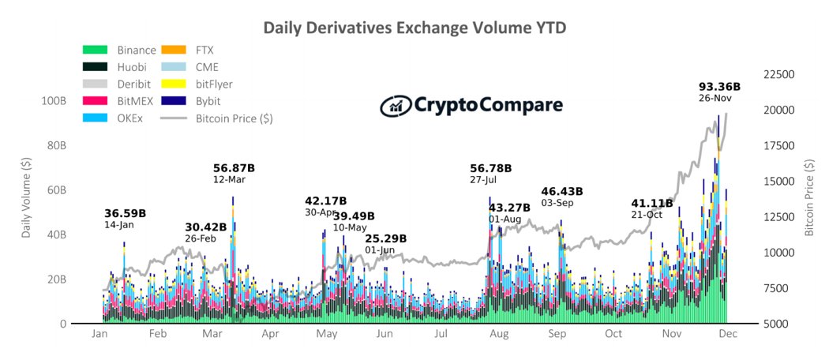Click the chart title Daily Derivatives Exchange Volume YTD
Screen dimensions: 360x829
[414, 28]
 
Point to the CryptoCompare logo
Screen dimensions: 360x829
[471, 105]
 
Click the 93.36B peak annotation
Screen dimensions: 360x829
[719, 86]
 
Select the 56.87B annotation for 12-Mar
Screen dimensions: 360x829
[234, 168]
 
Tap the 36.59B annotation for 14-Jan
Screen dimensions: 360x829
[125, 213]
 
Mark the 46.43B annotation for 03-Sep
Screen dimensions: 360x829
[561, 191]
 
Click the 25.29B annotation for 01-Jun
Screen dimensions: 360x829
[385, 238]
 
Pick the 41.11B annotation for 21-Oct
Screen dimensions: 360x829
[652, 204]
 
